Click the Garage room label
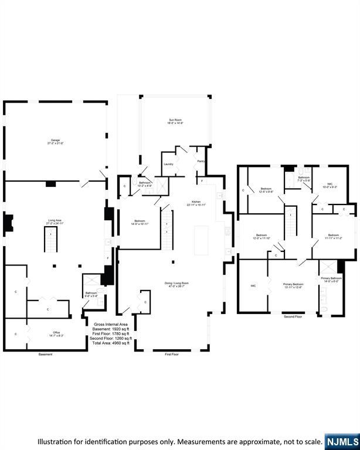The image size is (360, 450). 55,141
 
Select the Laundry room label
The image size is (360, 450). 168,164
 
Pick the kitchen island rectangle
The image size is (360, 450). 201,240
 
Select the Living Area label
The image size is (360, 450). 55,221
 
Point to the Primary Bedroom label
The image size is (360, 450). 293,284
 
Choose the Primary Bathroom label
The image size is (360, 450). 331,278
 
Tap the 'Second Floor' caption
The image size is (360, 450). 293,317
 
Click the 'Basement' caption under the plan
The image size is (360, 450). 46,354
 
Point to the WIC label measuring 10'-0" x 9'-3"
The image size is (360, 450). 330,185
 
